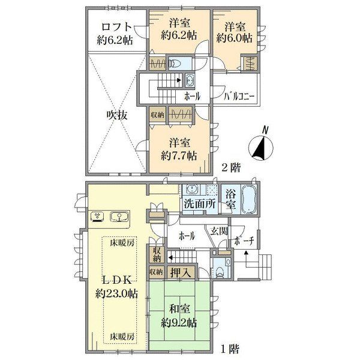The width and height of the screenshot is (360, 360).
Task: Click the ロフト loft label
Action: [x=116, y=27]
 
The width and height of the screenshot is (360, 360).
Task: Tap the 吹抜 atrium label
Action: [x=116, y=115]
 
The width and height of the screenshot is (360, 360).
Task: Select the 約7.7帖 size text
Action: [x=179, y=156]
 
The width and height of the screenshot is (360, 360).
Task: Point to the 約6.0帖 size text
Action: [x=234, y=38]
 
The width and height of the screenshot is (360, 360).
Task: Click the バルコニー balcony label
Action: [x=239, y=96]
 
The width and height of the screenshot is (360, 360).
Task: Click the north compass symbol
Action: [x=261, y=146]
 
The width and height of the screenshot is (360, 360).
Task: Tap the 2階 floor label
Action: [x=231, y=168]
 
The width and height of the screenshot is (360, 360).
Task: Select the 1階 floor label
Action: [x=230, y=349]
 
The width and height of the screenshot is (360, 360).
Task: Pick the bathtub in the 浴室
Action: [x=249, y=199]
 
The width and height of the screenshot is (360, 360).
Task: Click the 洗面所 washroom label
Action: [x=200, y=204]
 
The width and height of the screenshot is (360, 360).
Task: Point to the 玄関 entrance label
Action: [x=219, y=231]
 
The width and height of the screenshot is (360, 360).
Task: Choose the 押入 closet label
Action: [x=181, y=273]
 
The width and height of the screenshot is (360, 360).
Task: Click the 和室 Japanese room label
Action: [x=179, y=309]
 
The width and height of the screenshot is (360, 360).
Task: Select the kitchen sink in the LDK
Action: [x=119, y=217]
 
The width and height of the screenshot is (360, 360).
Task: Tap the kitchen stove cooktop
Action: [x=97, y=217]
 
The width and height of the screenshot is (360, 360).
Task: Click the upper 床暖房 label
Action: [x=122, y=242]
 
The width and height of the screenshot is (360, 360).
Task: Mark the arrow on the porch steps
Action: [x=246, y=259]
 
